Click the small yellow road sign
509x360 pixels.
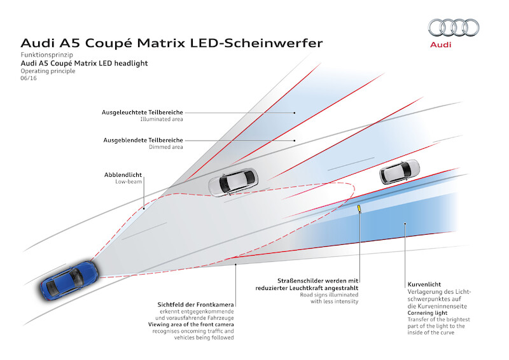[360, 208]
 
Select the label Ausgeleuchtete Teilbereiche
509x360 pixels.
[143, 112]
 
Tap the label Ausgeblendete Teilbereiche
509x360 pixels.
[144, 140]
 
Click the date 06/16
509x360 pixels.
[29, 79]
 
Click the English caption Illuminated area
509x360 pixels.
[162, 119]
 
